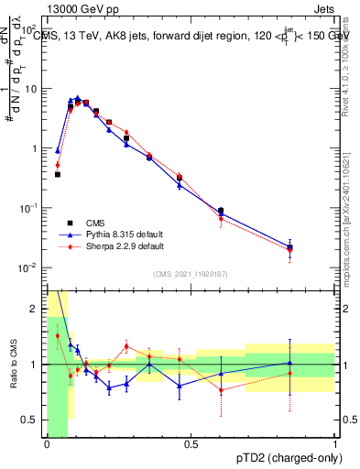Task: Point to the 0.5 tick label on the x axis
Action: click(x=191, y=443)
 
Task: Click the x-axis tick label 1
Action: click(x=334, y=443)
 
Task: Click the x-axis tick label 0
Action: click(x=47, y=443)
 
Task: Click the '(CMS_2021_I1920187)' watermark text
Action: click(x=191, y=274)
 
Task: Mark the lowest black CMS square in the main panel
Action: click(x=289, y=247)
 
